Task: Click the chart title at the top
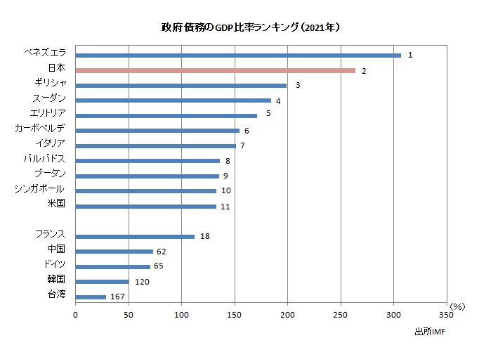pyautogui.click(x=251, y=28)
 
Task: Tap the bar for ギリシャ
pyautogui.click(x=181, y=85)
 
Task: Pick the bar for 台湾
pyautogui.click(x=91, y=297)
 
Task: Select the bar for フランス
pyautogui.click(x=135, y=237)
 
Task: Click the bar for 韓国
pyautogui.click(x=102, y=282)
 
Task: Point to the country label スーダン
pyautogui.click(x=48, y=98)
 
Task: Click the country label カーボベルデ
pyautogui.click(x=40, y=128)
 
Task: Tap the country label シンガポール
pyautogui.click(x=39, y=188)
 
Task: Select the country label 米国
pyautogui.click(x=56, y=204)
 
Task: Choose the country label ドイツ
pyautogui.click(x=54, y=264)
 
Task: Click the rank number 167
pyautogui.click(x=117, y=297)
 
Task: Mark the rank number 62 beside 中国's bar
pyautogui.click(x=161, y=252)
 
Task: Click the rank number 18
pyautogui.click(x=205, y=237)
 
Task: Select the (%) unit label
pyautogui.click(x=457, y=306)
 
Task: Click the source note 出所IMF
pyautogui.click(x=429, y=331)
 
